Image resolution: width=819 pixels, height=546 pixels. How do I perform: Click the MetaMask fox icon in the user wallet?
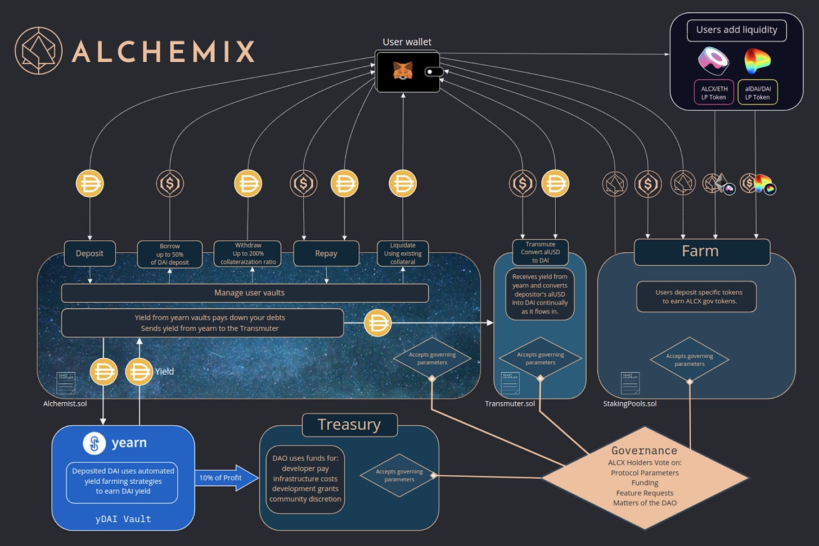(x=402, y=71)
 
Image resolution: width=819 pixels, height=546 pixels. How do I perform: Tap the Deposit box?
(x=89, y=253)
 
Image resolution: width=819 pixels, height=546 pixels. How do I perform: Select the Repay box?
(x=326, y=253)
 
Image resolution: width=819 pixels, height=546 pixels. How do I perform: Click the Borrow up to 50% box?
(x=170, y=254)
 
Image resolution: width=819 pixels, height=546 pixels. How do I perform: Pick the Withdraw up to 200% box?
(x=248, y=253)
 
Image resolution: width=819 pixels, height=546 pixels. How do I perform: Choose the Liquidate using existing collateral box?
(x=403, y=253)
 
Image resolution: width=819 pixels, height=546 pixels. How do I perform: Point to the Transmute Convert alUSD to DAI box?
(x=540, y=252)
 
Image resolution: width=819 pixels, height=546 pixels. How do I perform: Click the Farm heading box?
(x=701, y=251)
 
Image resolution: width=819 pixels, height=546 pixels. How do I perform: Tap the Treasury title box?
(x=349, y=425)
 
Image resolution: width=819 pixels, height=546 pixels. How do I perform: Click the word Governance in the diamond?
(x=644, y=451)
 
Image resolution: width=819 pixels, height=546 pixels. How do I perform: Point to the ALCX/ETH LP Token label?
(x=714, y=93)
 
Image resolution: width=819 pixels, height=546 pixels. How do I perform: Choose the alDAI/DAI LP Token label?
(x=758, y=93)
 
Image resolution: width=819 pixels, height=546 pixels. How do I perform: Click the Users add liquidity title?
(x=736, y=30)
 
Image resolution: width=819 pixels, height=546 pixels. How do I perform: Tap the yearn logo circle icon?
(x=94, y=443)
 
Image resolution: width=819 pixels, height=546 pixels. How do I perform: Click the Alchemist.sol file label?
(x=65, y=403)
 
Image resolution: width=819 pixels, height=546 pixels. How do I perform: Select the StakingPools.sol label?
(x=629, y=403)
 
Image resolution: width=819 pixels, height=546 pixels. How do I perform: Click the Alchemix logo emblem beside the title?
(x=38, y=51)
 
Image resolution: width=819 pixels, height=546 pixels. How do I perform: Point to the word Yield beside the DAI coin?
(x=164, y=371)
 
